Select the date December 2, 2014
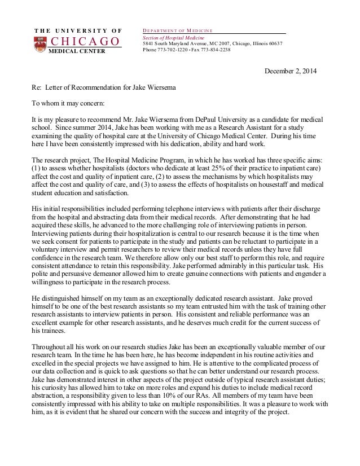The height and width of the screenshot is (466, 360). pyautogui.click(x=291, y=72)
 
